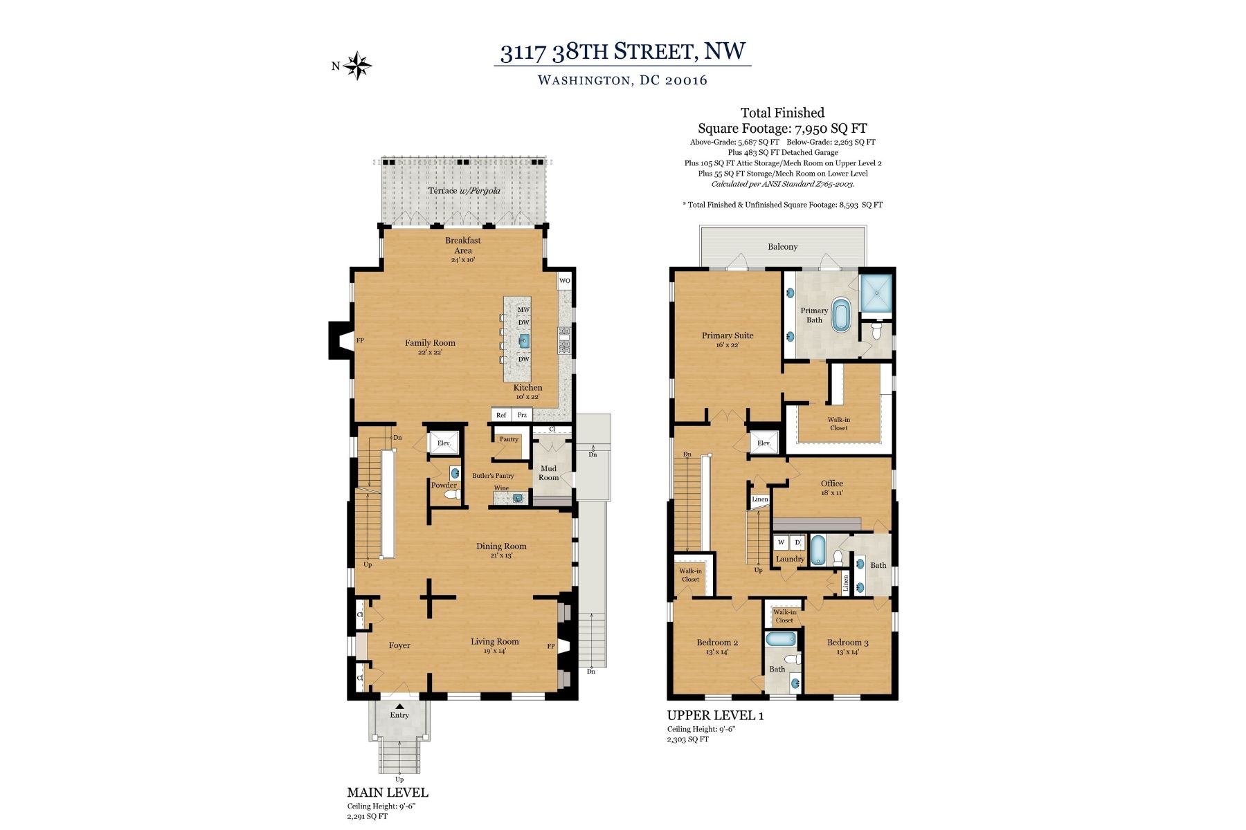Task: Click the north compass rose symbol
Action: (359, 66)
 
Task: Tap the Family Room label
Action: (430, 343)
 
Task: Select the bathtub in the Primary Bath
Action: (841, 315)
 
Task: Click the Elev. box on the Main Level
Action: (444, 443)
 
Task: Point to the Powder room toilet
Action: (451, 495)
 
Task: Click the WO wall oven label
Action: (565, 281)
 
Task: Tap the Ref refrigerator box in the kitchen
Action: (501, 415)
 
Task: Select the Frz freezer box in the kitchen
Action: (522, 415)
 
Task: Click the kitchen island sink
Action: (524, 340)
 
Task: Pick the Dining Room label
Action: (501, 546)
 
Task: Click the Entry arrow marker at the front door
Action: (399, 706)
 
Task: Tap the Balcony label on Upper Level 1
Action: (782, 247)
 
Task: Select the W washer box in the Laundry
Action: (781, 542)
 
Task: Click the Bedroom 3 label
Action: (848, 643)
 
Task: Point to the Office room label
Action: (832, 483)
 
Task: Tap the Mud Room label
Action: (548, 473)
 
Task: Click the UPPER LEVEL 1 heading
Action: (715, 716)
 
